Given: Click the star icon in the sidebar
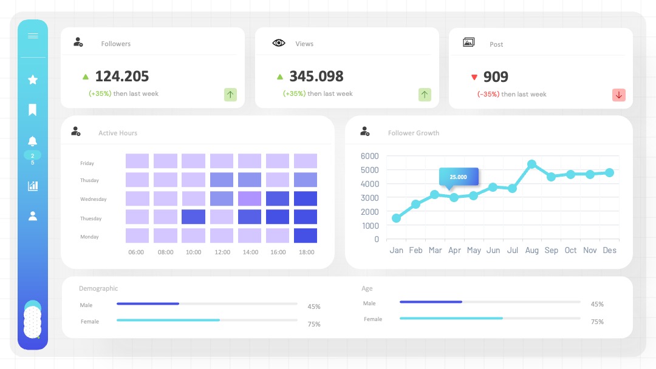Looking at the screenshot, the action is [x=33, y=80].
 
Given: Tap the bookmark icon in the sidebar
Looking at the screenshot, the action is [x=32, y=110].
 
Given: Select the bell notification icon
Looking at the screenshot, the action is [x=32, y=141].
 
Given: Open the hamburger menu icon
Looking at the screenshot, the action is [x=33, y=36].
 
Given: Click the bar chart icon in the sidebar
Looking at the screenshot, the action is [x=33, y=186].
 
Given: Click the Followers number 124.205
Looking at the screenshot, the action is [x=121, y=76].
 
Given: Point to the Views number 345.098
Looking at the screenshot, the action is [x=316, y=76].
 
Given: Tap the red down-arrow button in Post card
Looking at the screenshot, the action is [x=619, y=95].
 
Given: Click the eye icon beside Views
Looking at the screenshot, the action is [x=279, y=43].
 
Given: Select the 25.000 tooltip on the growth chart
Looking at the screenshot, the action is [x=459, y=177].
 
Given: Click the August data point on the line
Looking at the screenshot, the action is [x=531, y=164].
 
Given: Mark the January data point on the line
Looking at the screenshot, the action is [x=396, y=218].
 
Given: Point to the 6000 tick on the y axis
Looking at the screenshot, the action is [x=369, y=156].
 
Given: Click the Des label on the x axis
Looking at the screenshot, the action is [x=609, y=250].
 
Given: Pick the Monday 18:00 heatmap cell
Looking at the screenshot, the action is [x=306, y=235].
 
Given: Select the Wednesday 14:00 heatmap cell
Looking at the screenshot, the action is [x=250, y=198].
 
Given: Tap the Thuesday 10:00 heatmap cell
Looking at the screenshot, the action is [x=193, y=217].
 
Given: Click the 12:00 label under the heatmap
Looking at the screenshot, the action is [x=222, y=252].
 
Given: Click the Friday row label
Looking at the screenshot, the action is [x=87, y=163].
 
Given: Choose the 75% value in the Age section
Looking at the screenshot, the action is [x=597, y=322].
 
